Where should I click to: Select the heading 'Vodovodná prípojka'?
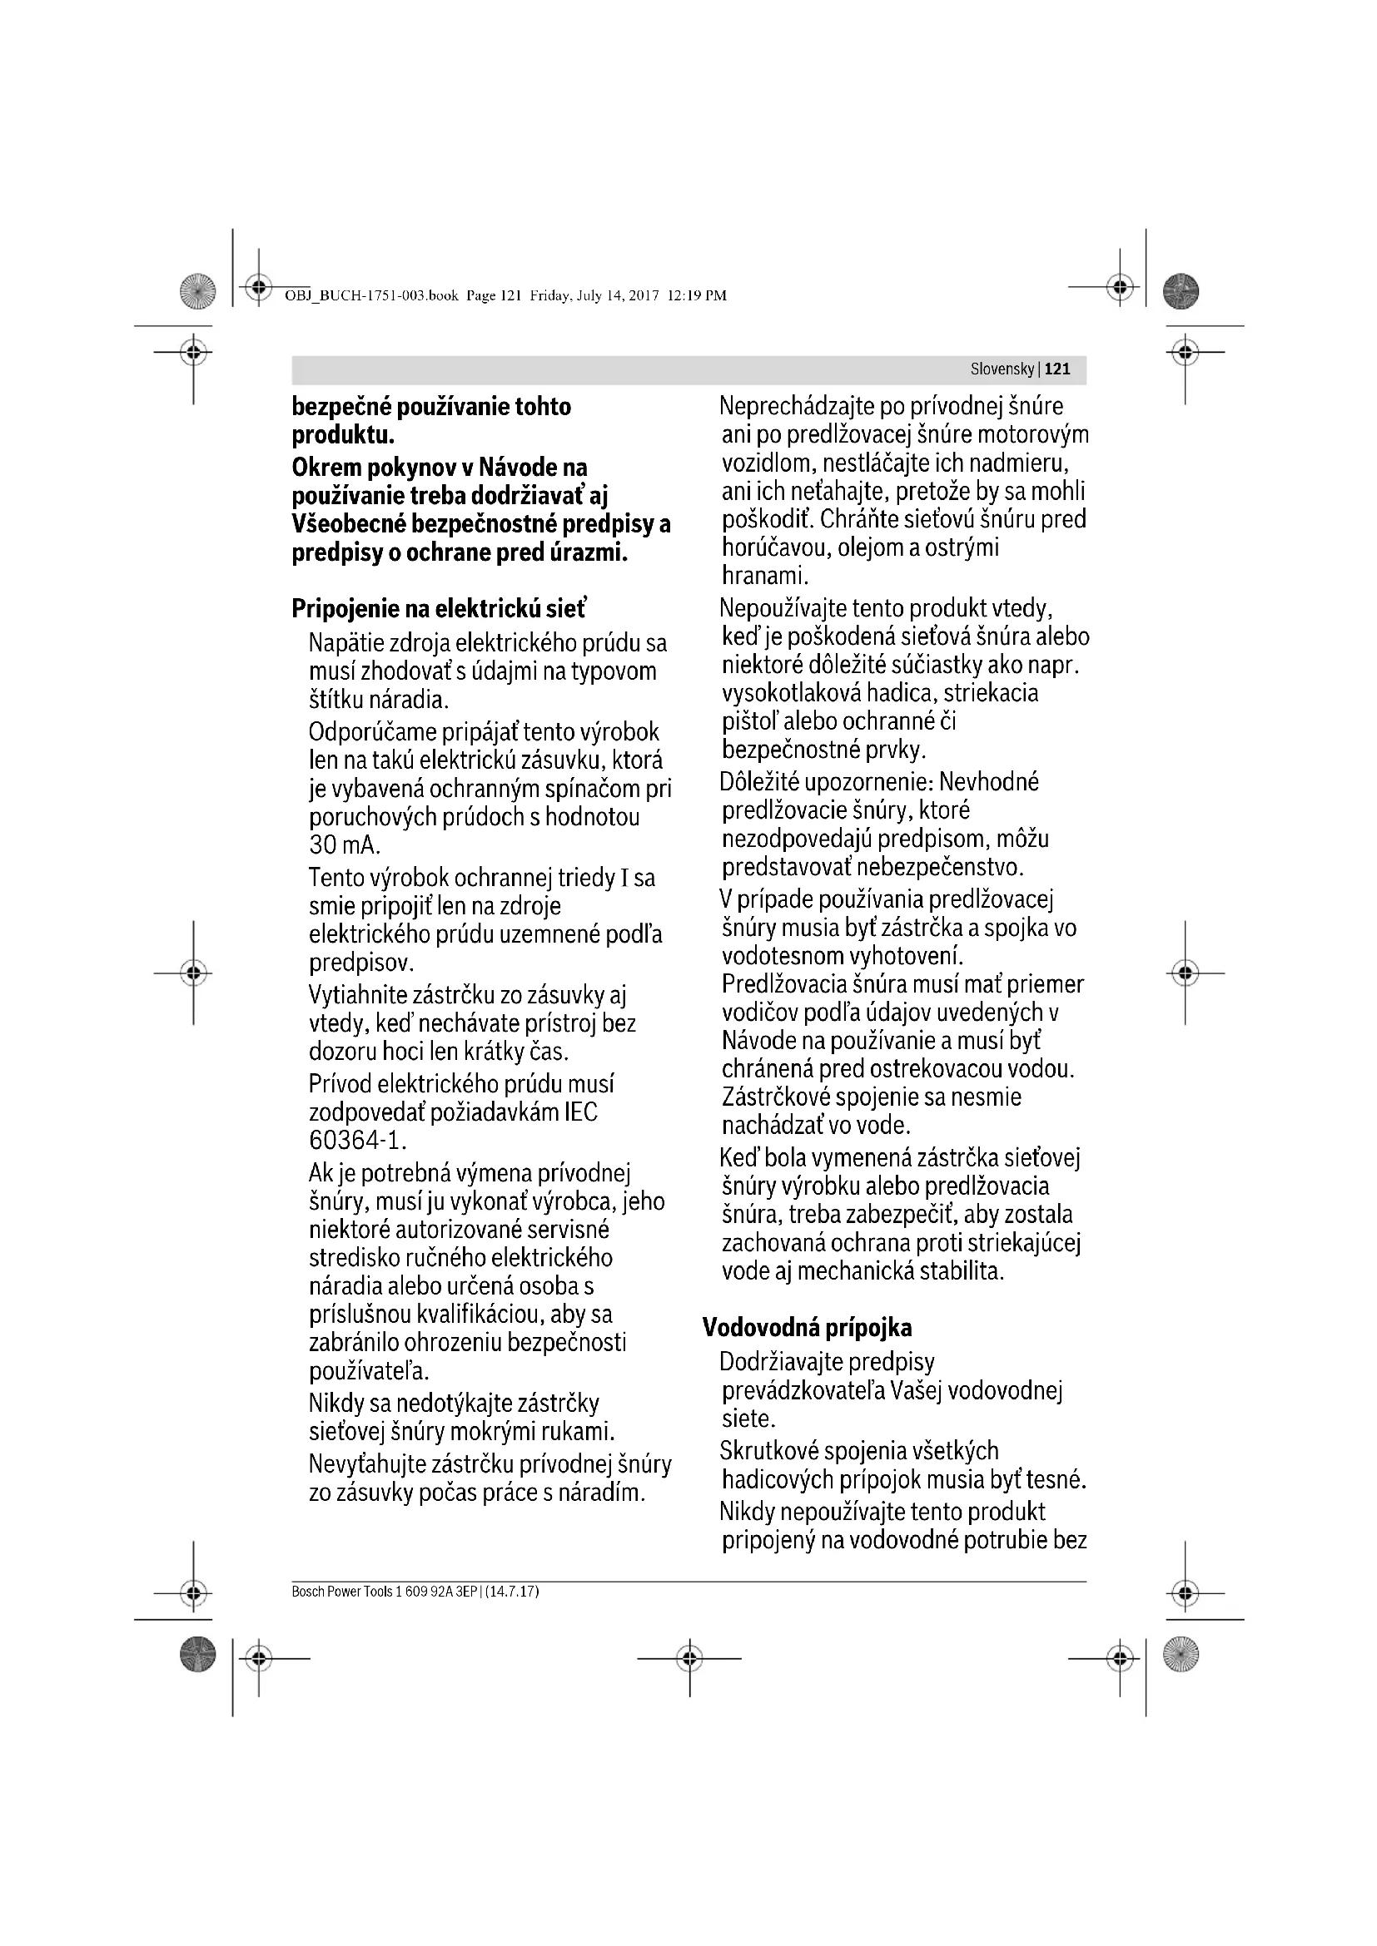(807, 1328)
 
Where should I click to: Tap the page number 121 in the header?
(1057, 369)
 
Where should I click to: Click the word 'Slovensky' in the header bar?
(1002, 369)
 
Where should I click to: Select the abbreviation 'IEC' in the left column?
(581, 1112)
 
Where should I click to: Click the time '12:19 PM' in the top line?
(697, 296)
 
